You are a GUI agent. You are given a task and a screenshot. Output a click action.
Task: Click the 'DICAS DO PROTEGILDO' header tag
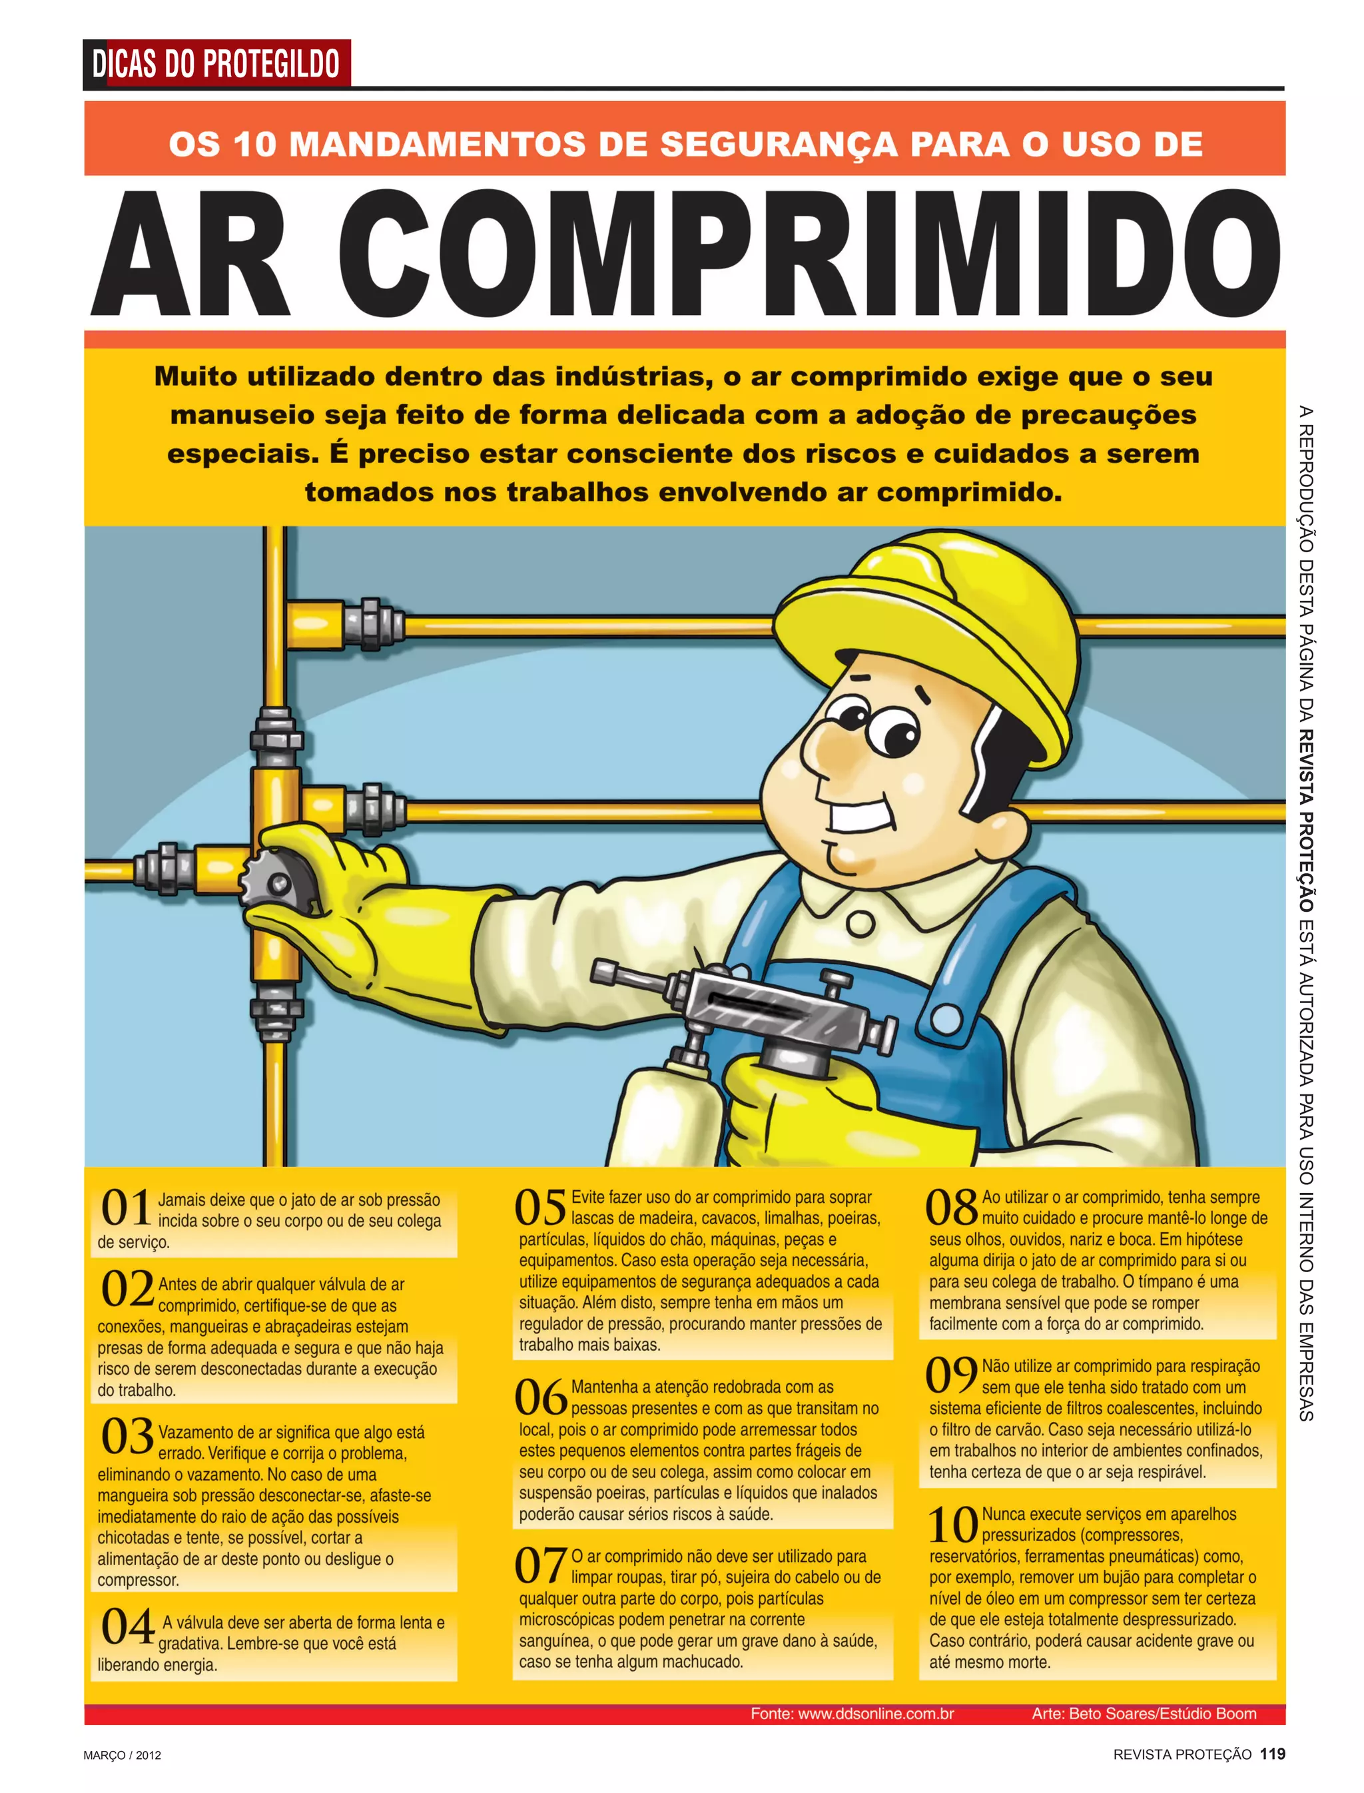pyautogui.click(x=216, y=63)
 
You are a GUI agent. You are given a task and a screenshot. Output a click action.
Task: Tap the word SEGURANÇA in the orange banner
pyautogui.click(x=778, y=145)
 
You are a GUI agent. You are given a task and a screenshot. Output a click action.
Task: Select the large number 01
pyautogui.click(x=126, y=1208)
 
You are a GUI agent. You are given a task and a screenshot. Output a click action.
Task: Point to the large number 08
pyautogui.click(x=951, y=1208)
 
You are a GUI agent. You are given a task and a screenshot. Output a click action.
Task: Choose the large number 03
pyautogui.click(x=127, y=1437)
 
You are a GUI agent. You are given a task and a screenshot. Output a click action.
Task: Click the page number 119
pyautogui.click(x=1272, y=1754)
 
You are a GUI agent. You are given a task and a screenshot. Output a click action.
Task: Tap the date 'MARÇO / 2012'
pyautogui.click(x=123, y=1755)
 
